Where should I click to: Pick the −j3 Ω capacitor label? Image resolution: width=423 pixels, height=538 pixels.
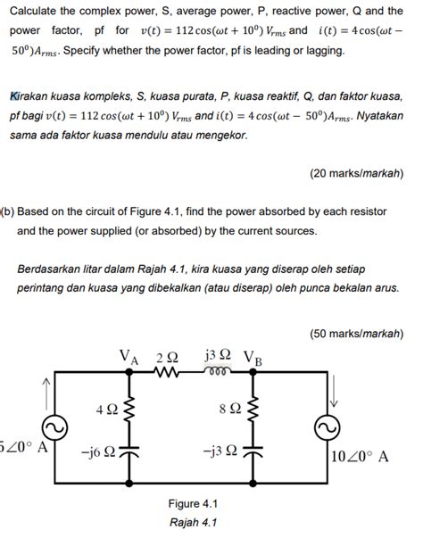click(219, 451)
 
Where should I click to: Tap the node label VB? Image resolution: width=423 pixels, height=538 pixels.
click(253, 359)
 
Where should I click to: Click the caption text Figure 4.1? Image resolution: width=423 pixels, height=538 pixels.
click(194, 502)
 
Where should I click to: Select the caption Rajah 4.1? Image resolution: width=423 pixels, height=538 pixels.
click(194, 522)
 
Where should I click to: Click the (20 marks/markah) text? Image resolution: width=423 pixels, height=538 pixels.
click(356, 173)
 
